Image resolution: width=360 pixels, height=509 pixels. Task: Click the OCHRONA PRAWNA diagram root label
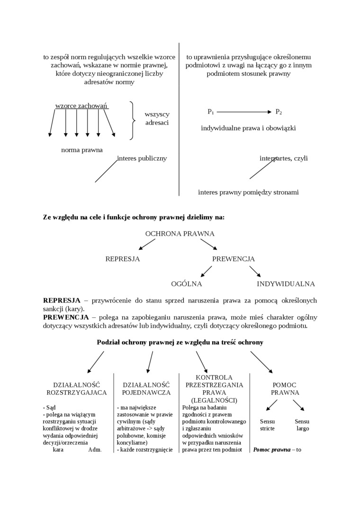pyautogui.click(x=180, y=233)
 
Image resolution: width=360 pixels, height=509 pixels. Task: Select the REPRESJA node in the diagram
pyautogui.click(x=123, y=259)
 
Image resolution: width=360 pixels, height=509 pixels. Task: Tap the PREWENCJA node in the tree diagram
pyautogui.click(x=233, y=259)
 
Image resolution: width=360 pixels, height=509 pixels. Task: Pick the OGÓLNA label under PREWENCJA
pyautogui.click(x=187, y=284)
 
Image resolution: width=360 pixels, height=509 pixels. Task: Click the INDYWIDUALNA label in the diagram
pyautogui.click(x=286, y=284)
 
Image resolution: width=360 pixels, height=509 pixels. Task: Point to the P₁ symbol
pyautogui.click(x=211, y=112)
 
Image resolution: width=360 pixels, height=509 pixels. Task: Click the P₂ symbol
pyautogui.click(x=279, y=112)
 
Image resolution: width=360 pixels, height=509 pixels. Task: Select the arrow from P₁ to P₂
pyautogui.click(x=243, y=112)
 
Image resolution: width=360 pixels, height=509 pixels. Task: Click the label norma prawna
pyautogui.click(x=82, y=150)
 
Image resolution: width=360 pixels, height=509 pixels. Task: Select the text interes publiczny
pyautogui.click(x=142, y=158)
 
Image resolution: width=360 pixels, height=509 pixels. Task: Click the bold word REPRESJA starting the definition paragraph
pyautogui.click(x=62, y=301)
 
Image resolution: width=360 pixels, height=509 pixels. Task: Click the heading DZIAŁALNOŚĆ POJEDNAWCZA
pyautogui.click(x=146, y=389)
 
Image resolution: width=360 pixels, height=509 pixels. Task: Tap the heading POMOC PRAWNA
pyautogui.click(x=285, y=389)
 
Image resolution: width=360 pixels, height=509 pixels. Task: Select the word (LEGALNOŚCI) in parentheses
pyautogui.click(x=214, y=400)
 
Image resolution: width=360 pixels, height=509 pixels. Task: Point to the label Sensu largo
pyautogui.click(x=302, y=425)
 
